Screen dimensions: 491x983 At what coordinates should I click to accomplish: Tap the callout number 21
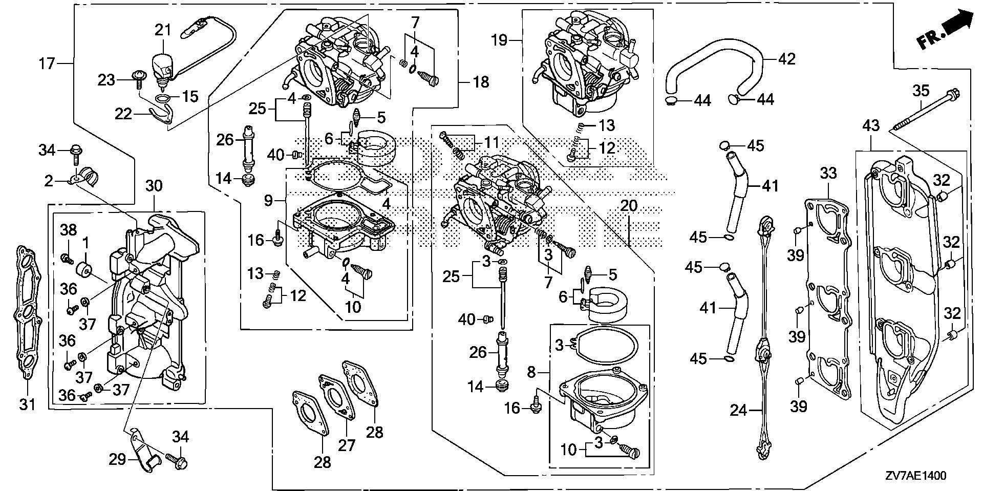click(x=163, y=30)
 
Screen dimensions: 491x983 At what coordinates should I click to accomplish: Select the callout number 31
click(x=28, y=404)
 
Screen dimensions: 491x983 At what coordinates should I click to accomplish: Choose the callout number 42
click(x=786, y=59)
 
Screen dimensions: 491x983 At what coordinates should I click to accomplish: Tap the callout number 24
click(x=738, y=410)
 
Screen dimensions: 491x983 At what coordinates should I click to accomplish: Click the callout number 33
click(x=828, y=173)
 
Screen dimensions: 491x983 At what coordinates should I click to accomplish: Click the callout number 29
click(x=117, y=459)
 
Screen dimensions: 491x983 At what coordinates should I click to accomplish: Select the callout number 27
click(x=347, y=445)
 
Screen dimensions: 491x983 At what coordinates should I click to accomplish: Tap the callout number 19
click(x=499, y=39)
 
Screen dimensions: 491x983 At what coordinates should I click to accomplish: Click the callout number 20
click(x=629, y=205)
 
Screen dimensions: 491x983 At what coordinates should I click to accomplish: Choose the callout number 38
click(x=69, y=230)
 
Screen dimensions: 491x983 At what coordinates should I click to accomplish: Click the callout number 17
click(x=47, y=63)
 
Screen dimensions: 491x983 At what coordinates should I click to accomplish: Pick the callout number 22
click(x=123, y=114)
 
